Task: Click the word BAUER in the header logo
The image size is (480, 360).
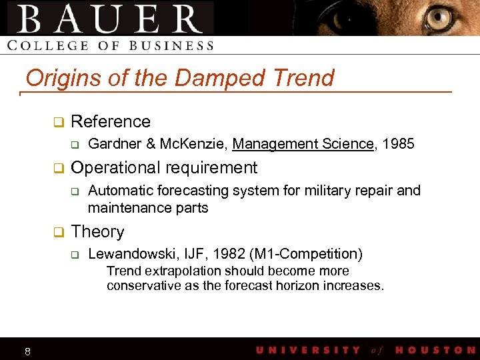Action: pos(111,19)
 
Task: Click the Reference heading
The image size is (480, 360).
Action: pos(111,121)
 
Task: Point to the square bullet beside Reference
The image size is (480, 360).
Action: pos(58,122)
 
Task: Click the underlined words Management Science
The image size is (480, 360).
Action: pos(303,143)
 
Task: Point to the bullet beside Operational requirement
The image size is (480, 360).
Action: pos(58,168)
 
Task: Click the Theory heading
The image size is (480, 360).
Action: pos(97,231)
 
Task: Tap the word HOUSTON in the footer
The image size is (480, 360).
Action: pos(435,350)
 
